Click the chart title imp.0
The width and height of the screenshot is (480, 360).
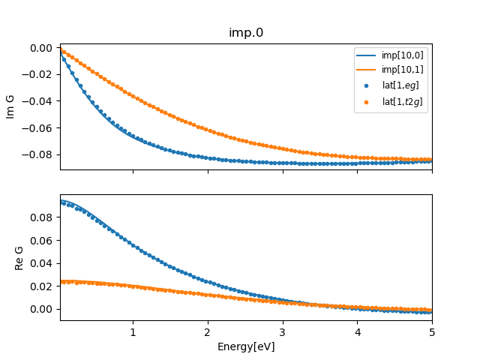[246, 32]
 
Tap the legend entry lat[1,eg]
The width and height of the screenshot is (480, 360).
[398, 85]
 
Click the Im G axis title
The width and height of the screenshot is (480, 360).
[10, 106]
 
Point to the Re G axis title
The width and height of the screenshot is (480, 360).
[20, 257]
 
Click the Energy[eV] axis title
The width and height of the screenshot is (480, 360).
[246, 347]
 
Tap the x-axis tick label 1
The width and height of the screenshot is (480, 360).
[133, 333]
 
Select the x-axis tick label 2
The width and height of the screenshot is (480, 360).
[208, 333]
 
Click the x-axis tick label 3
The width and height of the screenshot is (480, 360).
[283, 333]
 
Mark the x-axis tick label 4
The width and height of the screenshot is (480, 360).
[357, 333]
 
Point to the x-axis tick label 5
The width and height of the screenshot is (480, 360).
[432, 333]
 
